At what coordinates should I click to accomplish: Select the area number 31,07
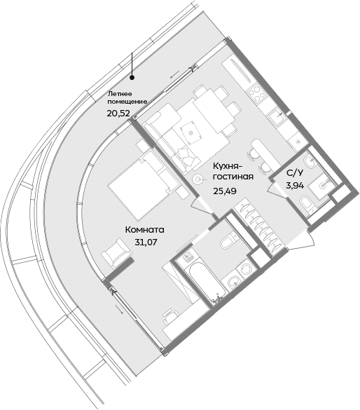pyautogui.click(x=144, y=242)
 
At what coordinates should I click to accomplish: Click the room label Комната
pyautogui.click(x=144, y=229)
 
